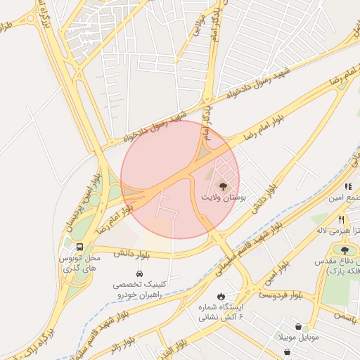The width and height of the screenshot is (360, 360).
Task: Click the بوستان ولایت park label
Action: (x=224, y=200)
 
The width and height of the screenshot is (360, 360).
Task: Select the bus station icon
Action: (x=79, y=247)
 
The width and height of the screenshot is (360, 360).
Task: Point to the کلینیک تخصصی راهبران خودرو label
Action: (x=139, y=290)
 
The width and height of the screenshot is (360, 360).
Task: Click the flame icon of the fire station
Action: (x=221, y=297)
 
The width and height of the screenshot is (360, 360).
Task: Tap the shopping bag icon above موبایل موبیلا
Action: (x=300, y=327)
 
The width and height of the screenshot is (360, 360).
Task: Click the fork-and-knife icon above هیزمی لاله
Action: (x=341, y=219)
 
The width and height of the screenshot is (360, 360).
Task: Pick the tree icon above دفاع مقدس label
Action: (x=345, y=250)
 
